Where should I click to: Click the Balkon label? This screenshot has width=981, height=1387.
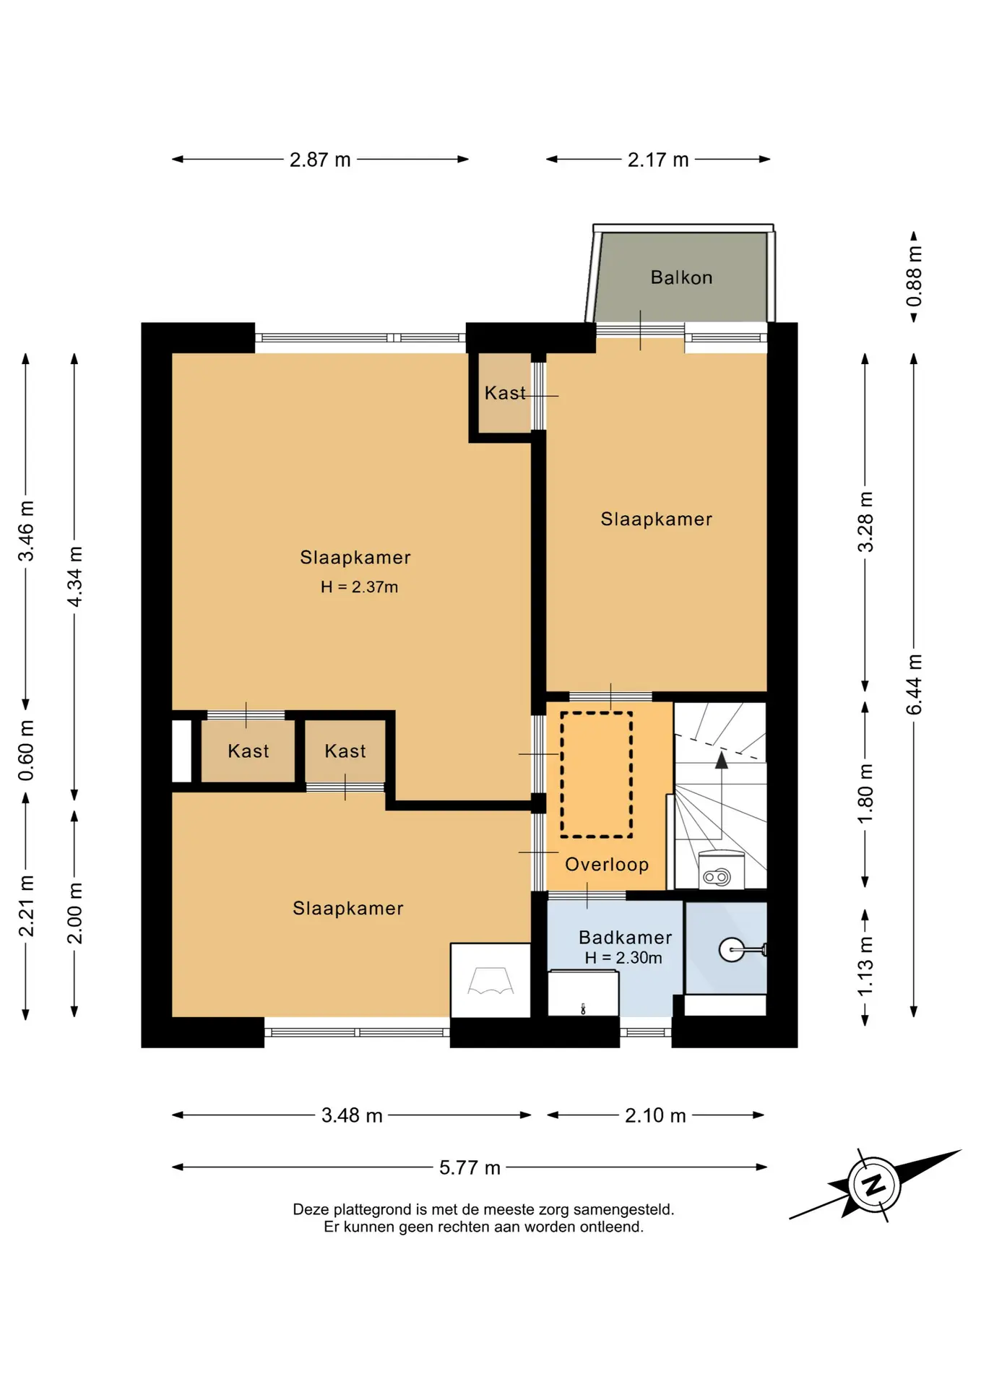[x=681, y=277]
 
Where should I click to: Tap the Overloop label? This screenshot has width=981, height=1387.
[x=607, y=864]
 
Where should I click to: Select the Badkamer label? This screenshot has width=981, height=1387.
[x=626, y=937]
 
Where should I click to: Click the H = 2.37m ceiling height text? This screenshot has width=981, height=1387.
[x=360, y=587]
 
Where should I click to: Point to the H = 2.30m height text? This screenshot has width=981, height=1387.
[x=623, y=958]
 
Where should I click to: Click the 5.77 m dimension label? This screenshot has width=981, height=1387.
[x=470, y=1167]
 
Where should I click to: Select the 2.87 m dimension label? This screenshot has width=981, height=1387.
[x=320, y=160]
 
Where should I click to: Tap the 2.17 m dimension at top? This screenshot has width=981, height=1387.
[x=658, y=160]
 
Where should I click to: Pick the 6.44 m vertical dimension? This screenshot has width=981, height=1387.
[x=915, y=684]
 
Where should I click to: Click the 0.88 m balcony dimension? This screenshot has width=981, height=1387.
[x=915, y=276]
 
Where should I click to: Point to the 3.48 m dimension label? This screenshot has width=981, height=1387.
[x=352, y=1115]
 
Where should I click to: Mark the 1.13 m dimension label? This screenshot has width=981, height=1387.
[x=865, y=967]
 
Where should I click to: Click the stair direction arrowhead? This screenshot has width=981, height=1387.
[x=721, y=760]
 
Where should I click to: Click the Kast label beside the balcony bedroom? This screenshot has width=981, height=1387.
[x=505, y=393]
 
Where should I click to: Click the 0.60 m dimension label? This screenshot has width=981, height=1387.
[x=26, y=750]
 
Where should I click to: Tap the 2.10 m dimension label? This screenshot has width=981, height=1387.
[x=655, y=1115]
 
